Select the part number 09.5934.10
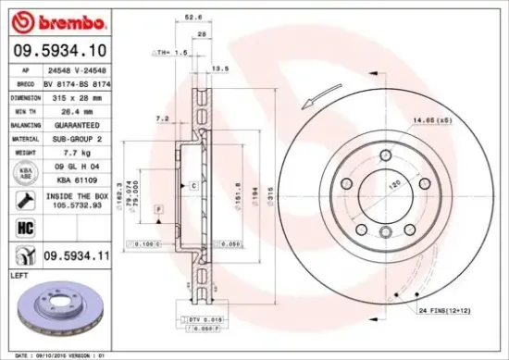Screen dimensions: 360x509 [x=59, y=52]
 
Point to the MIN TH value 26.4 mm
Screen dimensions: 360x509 [x=79, y=110]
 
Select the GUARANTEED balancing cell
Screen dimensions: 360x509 [x=79, y=123]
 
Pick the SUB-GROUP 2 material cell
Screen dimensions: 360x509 [x=79, y=137]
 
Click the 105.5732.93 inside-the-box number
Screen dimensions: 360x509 [x=79, y=206]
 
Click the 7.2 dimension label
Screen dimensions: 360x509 [x=161, y=118]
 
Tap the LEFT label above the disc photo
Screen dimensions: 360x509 [x=19, y=275]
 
